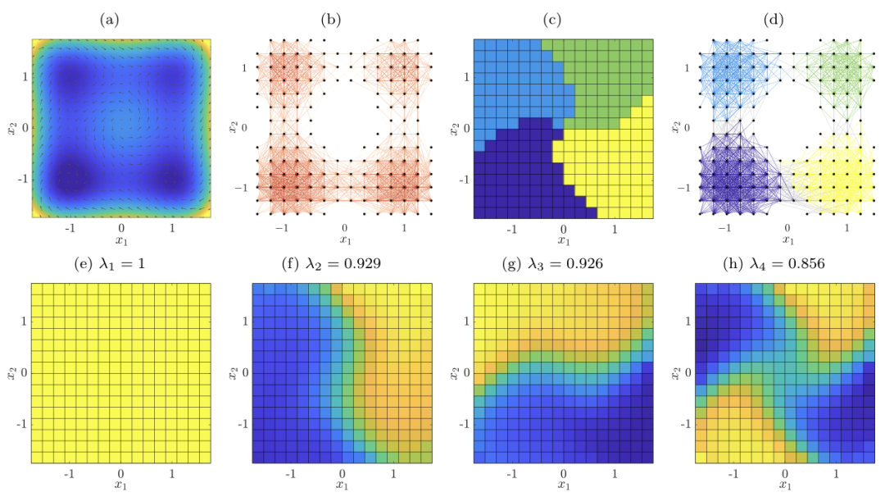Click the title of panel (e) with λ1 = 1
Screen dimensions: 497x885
[120, 264]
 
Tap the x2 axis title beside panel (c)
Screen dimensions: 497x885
[453, 128]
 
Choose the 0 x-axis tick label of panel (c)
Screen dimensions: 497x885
[563, 229]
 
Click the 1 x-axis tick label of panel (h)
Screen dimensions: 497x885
[836, 474]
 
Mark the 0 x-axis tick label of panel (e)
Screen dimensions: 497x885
[120, 474]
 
